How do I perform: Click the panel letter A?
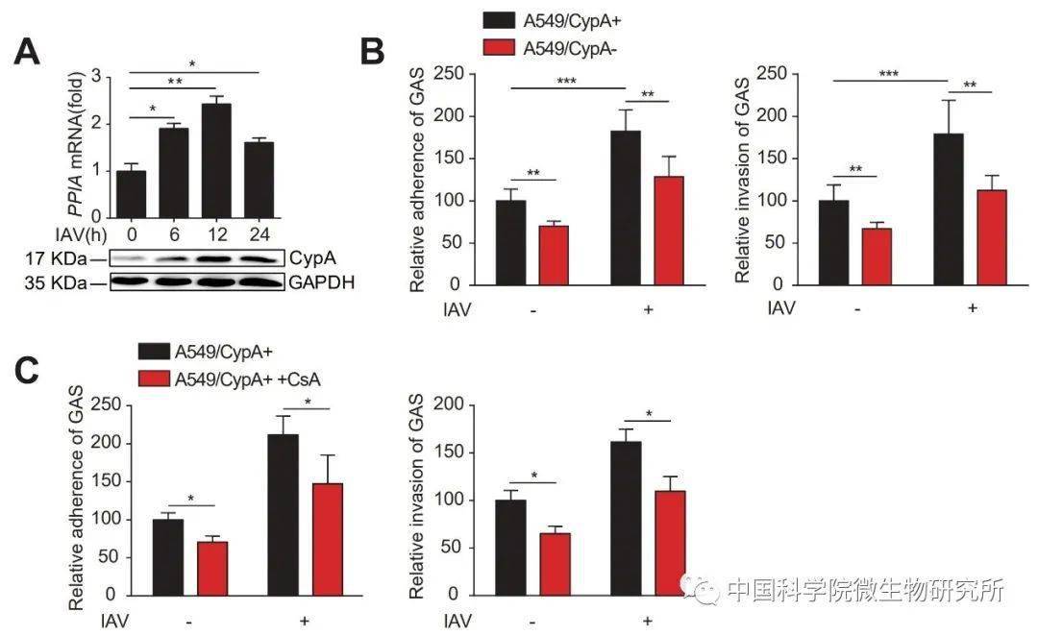tap(27, 50)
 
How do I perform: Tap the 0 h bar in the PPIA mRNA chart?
tap(131, 182)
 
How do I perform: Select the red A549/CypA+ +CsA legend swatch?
tap(154, 379)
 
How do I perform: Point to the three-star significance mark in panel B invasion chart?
tap(888, 73)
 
